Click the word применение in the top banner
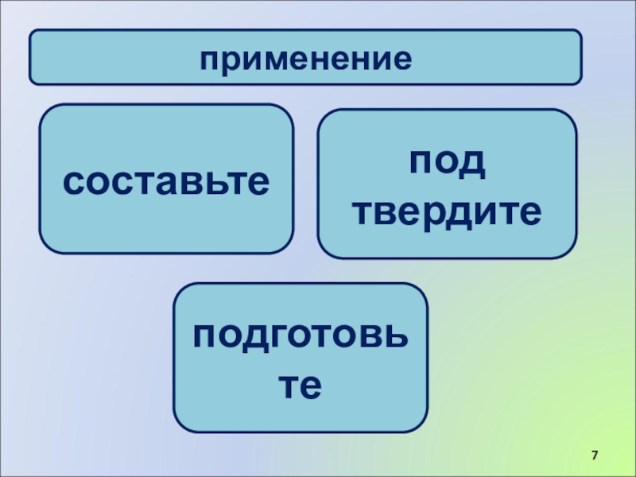pyautogui.click(x=306, y=58)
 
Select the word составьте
pyautogui.click(x=166, y=182)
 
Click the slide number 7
pyautogui.click(x=594, y=454)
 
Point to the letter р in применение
pyautogui.click(x=229, y=60)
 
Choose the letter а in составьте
pyautogui.click(x=174, y=183)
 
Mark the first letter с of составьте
pyautogui.click(x=73, y=183)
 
